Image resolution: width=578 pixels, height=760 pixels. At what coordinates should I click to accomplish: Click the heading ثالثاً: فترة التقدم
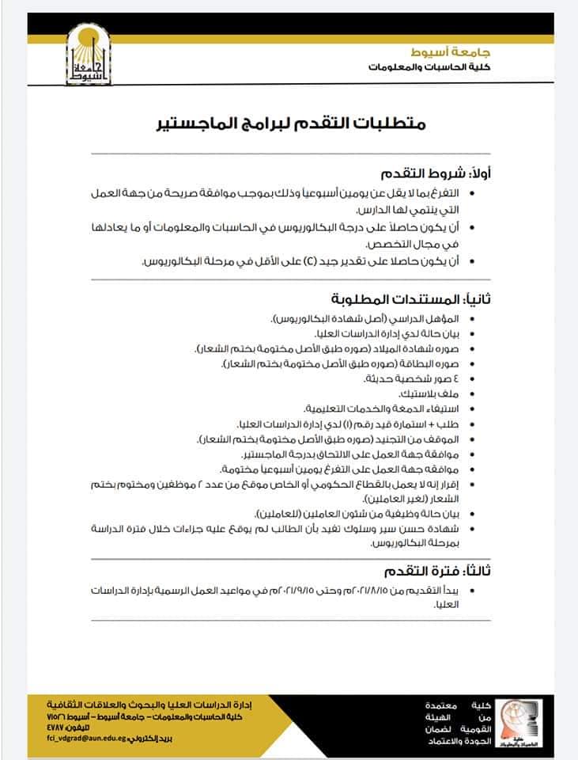pyautogui.click(x=431, y=571)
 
